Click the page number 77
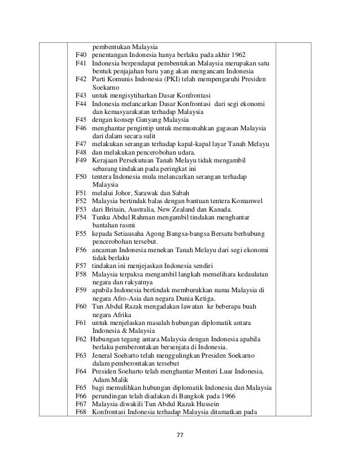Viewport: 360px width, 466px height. pyautogui.click(x=180, y=436)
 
